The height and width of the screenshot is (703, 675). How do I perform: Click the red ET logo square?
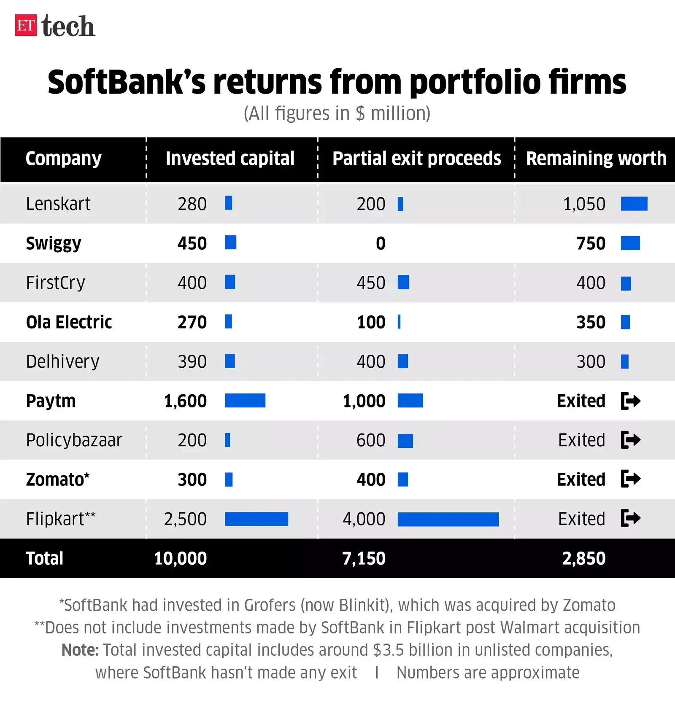pos(26,25)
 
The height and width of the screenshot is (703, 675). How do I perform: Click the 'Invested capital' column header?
pos(230,159)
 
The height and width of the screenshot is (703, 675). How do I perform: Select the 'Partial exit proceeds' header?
pos(416,159)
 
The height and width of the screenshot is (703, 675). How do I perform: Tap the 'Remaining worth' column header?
pos(596,159)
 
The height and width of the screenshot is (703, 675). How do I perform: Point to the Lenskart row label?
pos(58,204)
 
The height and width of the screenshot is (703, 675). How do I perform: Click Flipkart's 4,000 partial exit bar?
pos(448,519)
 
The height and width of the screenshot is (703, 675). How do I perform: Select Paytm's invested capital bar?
pos(245,401)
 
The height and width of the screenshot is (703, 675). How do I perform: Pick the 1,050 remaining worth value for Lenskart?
pos(584,204)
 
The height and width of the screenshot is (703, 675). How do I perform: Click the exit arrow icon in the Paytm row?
pos(631,401)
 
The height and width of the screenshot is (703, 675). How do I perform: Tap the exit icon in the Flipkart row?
pos(631,518)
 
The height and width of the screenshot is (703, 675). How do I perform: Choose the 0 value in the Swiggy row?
pos(381,243)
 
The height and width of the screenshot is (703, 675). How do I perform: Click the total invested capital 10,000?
pos(180,558)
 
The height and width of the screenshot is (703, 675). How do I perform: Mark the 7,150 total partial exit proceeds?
pos(364,558)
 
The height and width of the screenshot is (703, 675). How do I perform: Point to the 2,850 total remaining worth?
pos(584,558)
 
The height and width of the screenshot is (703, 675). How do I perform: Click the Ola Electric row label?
pos(69,322)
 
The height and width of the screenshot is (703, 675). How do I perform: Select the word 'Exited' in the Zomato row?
pos(581,479)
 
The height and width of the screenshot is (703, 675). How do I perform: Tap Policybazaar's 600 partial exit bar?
pos(405,441)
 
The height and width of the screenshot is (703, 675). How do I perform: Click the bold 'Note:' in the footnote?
pos(80,650)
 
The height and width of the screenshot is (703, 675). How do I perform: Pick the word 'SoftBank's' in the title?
pos(127,82)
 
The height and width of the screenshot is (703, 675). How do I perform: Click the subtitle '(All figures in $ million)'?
pos(337,113)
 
